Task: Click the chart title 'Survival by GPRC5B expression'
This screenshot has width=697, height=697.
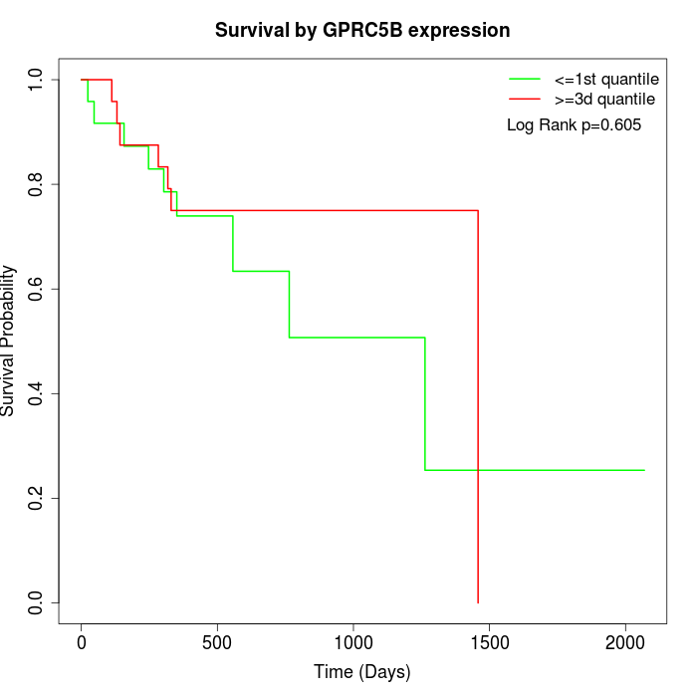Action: point(362,31)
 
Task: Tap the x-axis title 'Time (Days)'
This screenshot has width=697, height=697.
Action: point(362,672)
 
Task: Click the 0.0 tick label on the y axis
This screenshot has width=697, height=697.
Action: point(36,602)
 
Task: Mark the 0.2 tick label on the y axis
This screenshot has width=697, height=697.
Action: point(36,498)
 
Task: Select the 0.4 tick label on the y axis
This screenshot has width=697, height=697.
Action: point(36,393)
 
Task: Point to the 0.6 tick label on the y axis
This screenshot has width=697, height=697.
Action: point(36,289)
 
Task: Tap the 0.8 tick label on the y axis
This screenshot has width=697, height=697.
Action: point(36,184)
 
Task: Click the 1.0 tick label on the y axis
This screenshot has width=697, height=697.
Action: point(36,80)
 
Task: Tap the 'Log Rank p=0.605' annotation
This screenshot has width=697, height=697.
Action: point(574,125)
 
